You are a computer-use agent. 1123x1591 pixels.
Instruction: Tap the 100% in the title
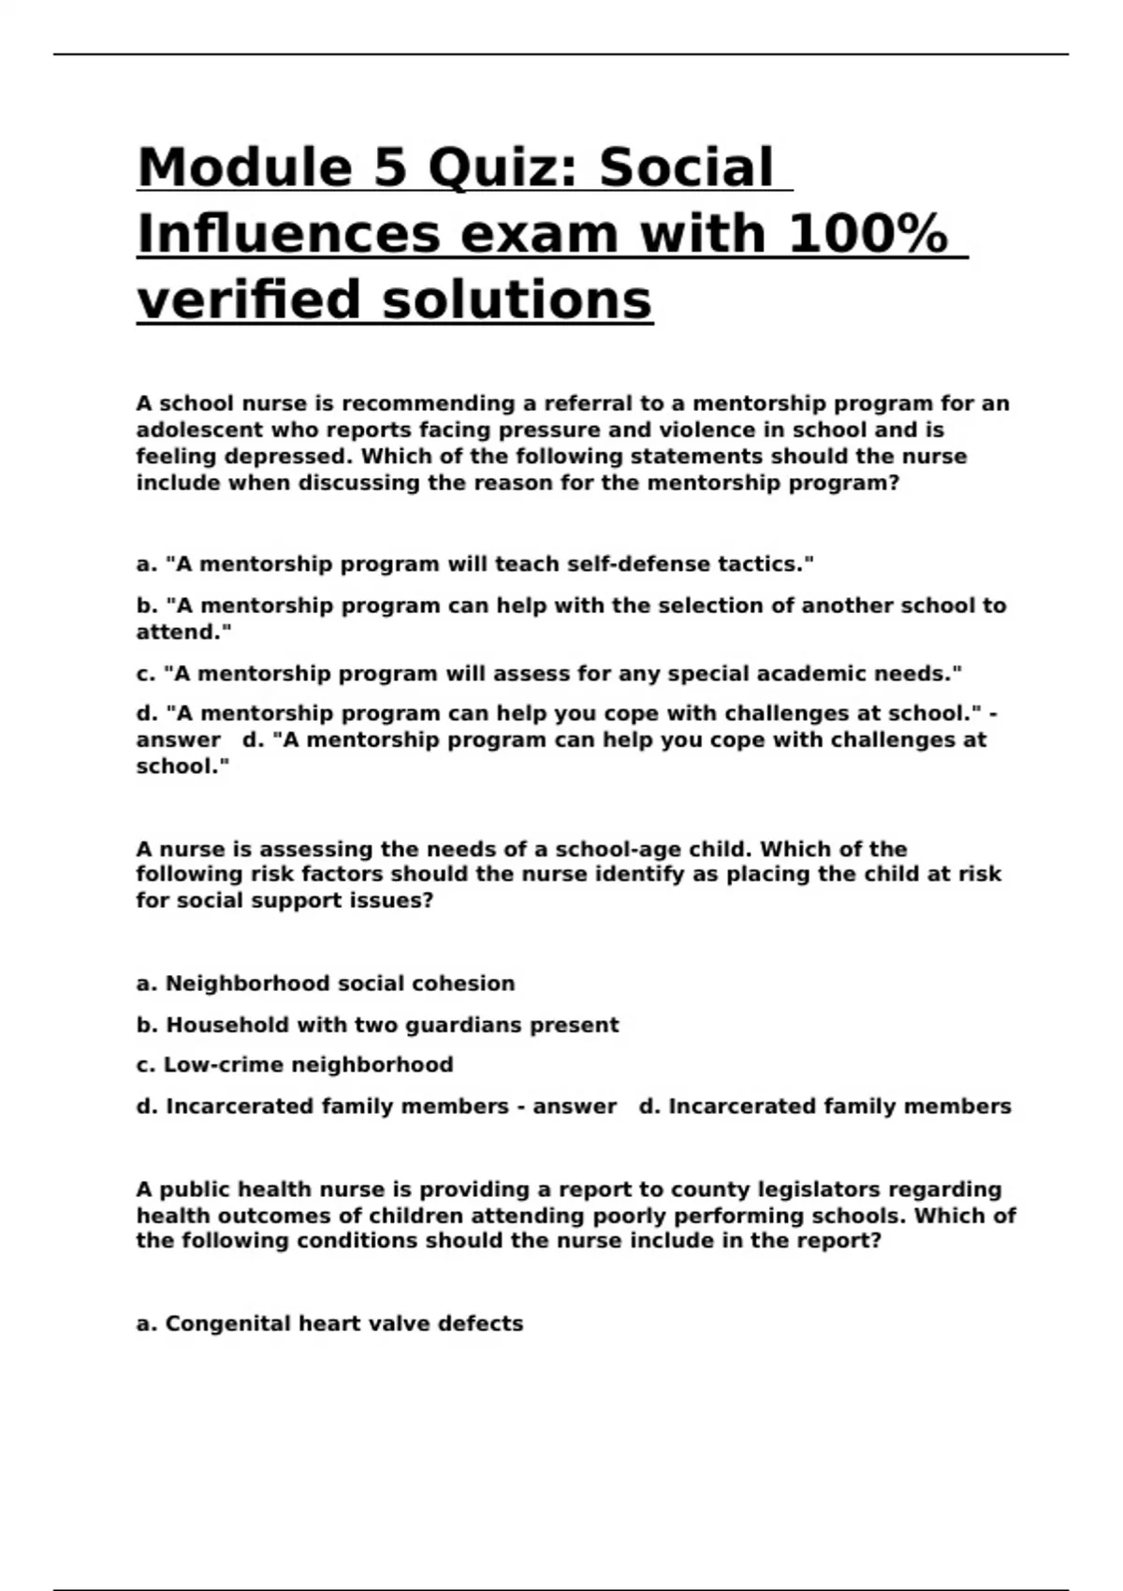(x=868, y=234)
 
